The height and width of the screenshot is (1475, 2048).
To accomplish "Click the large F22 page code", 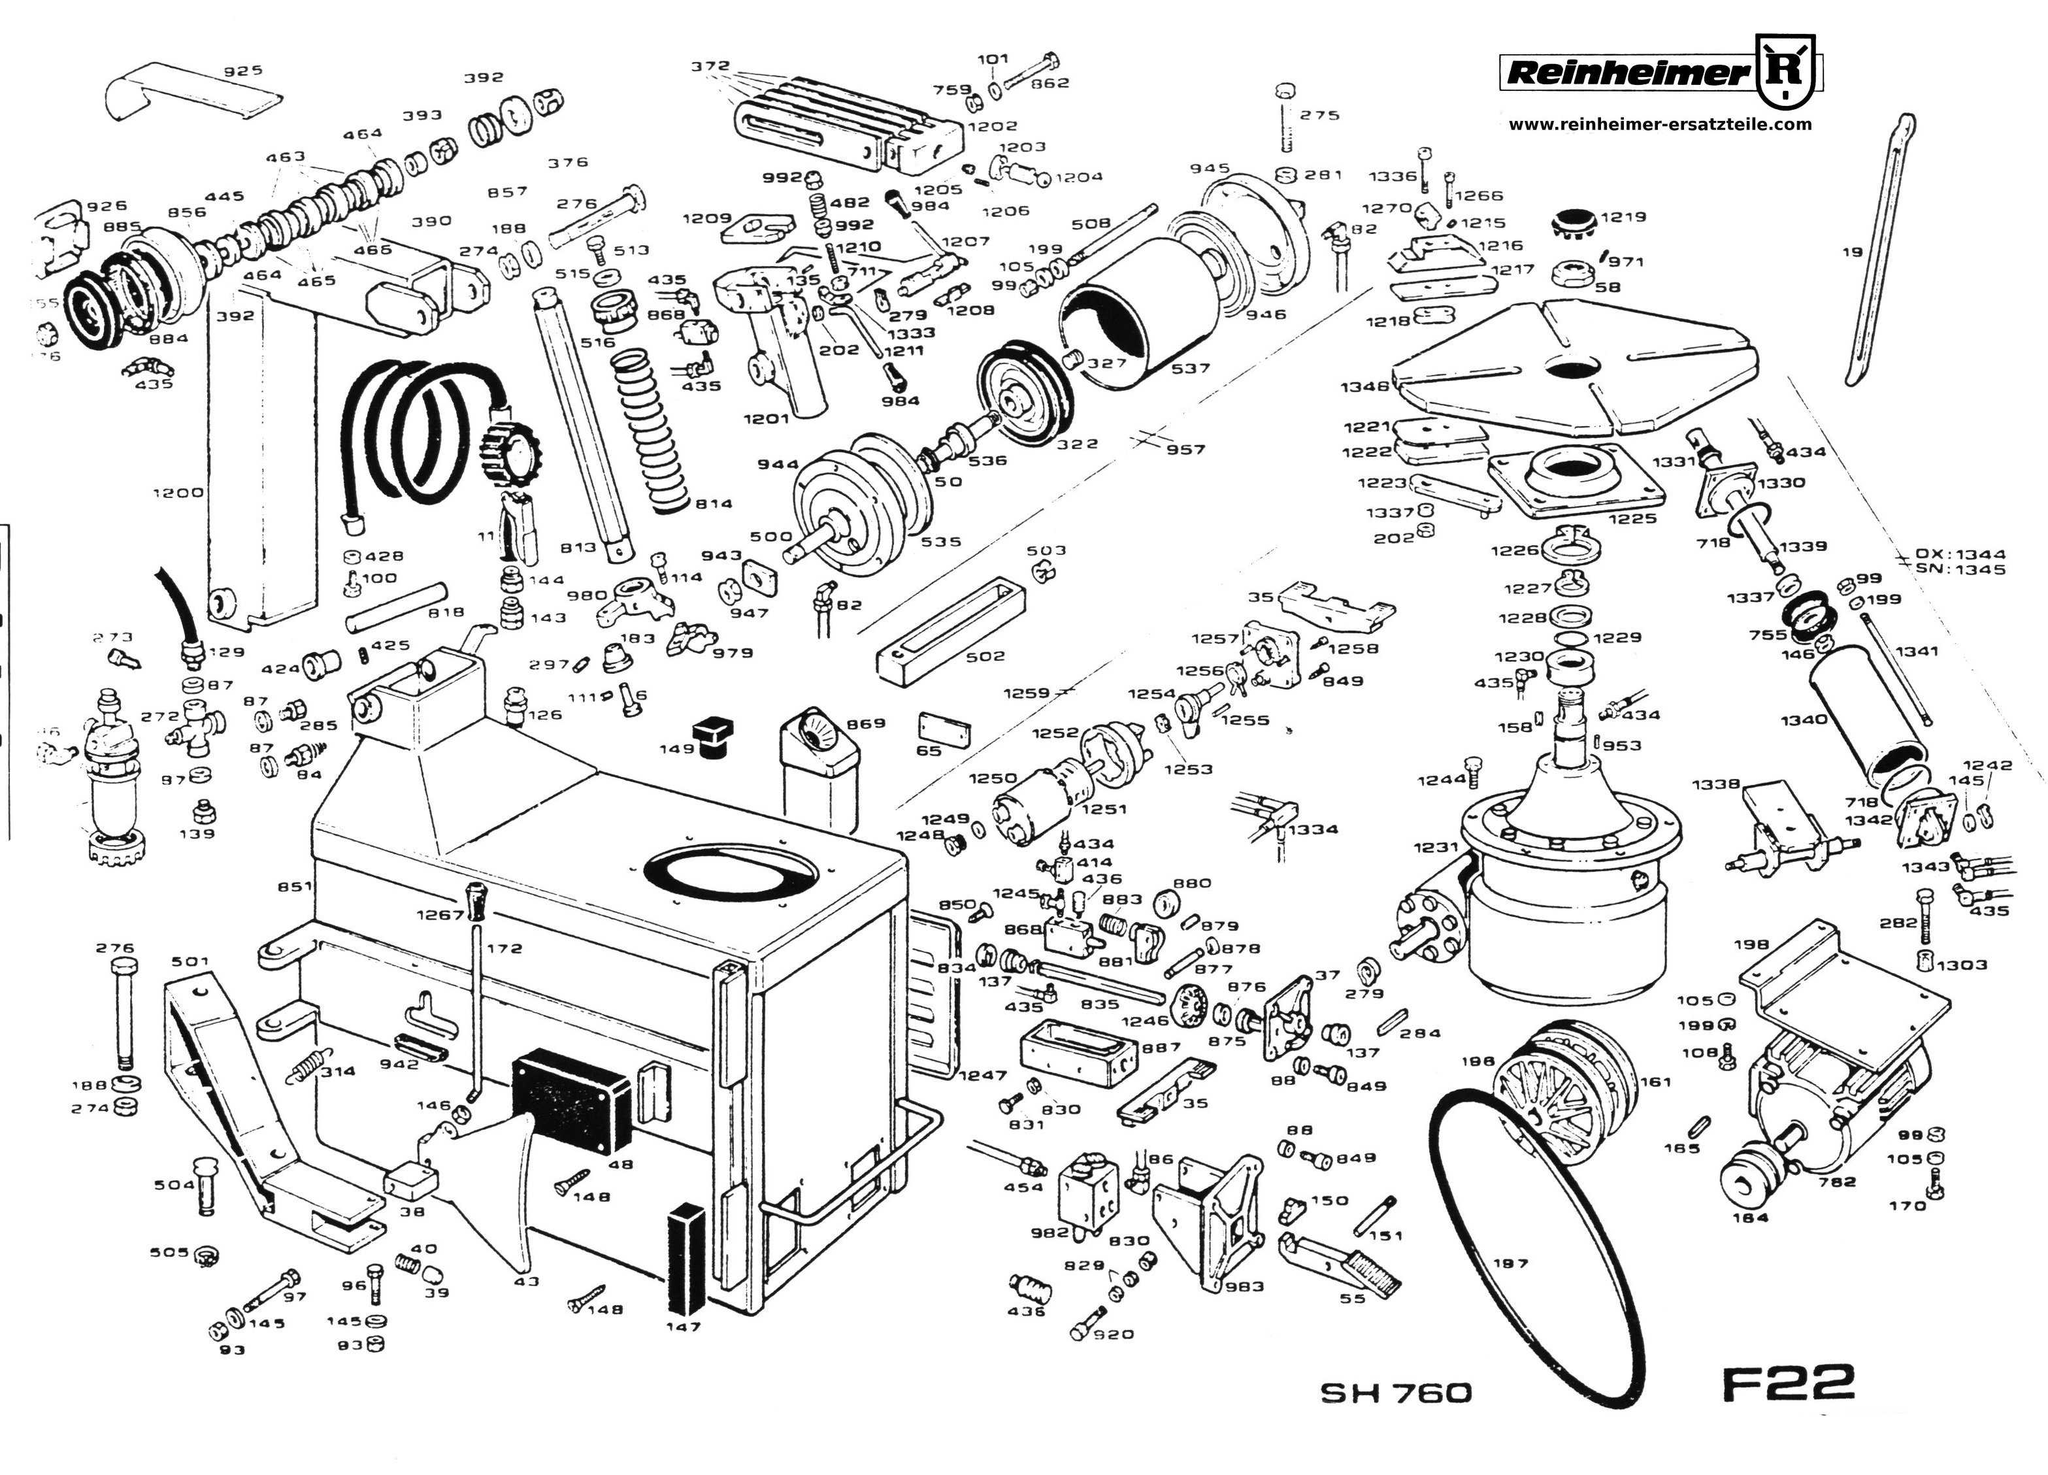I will click(x=1788, y=1383).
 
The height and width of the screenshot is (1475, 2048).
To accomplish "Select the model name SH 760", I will click(x=1396, y=1393).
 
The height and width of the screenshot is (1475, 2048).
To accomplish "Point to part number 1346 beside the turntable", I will click(x=1364, y=387).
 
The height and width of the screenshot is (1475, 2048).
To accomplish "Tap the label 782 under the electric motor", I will click(x=1837, y=1182).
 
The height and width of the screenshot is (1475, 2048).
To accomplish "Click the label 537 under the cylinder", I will click(x=1190, y=369).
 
